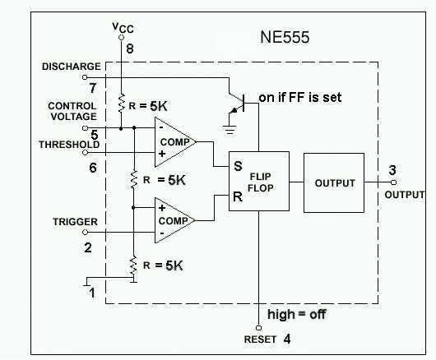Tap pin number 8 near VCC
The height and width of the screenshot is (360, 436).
pyautogui.click(x=128, y=48)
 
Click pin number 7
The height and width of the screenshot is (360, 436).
pyautogui.click(x=94, y=87)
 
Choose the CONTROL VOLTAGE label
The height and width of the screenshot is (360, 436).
pyautogui.click(x=72, y=112)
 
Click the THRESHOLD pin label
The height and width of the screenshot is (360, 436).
pyautogui.click(x=69, y=145)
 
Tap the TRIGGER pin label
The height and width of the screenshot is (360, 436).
pyautogui.click(x=76, y=222)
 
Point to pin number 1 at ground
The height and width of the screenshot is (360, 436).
pyautogui.click(x=93, y=291)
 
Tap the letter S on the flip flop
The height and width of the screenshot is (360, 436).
pyautogui.click(x=237, y=165)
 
